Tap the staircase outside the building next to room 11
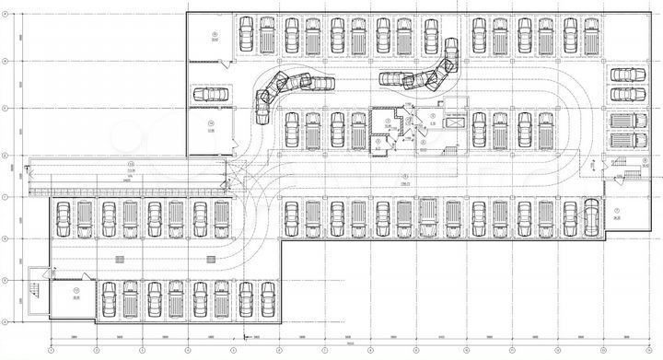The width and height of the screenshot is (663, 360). pyautogui.click(x=34, y=290)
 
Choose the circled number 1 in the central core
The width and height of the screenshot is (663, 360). pyautogui.click(x=388, y=120)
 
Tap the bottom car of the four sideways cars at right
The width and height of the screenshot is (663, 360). pyautogui.click(x=631, y=141)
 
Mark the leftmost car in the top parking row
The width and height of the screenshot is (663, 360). pyautogui.click(x=245, y=36)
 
